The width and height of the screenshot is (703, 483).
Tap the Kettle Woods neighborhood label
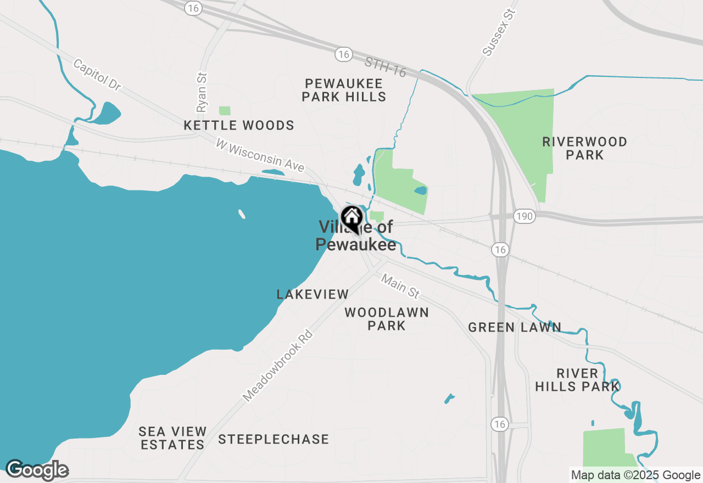click(x=239, y=126)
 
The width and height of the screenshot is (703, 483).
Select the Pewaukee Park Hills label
click(x=345, y=91)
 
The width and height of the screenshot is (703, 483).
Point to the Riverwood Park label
click(x=584, y=148)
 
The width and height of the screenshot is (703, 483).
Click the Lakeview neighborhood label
click(x=313, y=294)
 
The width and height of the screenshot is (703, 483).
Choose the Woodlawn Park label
click(x=387, y=319)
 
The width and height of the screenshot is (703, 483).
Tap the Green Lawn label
click(x=515, y=328)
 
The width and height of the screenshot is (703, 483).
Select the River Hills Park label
click(x=577, y=380)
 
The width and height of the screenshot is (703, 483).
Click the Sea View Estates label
click(x=172, y=438)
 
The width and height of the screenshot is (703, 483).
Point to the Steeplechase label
click(x=274, y=440)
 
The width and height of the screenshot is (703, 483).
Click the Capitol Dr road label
click(x=97, y=75)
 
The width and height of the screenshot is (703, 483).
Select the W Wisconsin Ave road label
click(x=260, y=155)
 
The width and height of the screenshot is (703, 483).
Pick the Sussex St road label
click(x=500, y=32)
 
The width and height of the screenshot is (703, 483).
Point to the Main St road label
click(x=400, y=287)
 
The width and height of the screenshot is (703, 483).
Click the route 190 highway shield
click(x=525, y=217)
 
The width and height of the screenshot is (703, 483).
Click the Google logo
click(x=37, y=470)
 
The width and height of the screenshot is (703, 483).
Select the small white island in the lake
click(x=242, y=214)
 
